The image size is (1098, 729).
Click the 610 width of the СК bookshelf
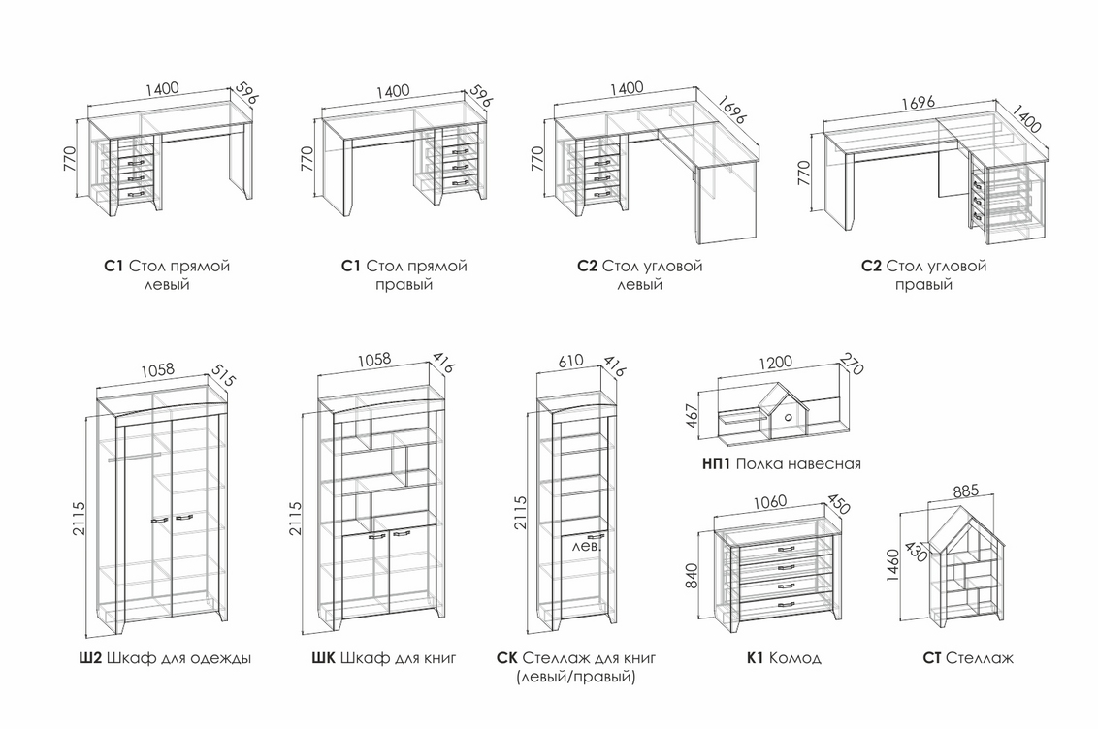click(x=571, y=361)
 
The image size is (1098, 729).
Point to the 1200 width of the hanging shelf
click(x=775, y=362)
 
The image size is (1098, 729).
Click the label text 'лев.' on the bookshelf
click(x=587, y=546)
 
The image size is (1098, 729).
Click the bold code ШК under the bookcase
click(x=324, y=658)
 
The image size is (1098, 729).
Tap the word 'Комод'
click(x=795, y=658)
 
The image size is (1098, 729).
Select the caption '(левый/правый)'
click(x=576, y=677)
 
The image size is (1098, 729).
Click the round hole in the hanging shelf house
click(x=789, y=417)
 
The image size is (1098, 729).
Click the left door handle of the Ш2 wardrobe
click(x=159, y=521)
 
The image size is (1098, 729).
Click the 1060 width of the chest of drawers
click(x=770, y=501)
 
